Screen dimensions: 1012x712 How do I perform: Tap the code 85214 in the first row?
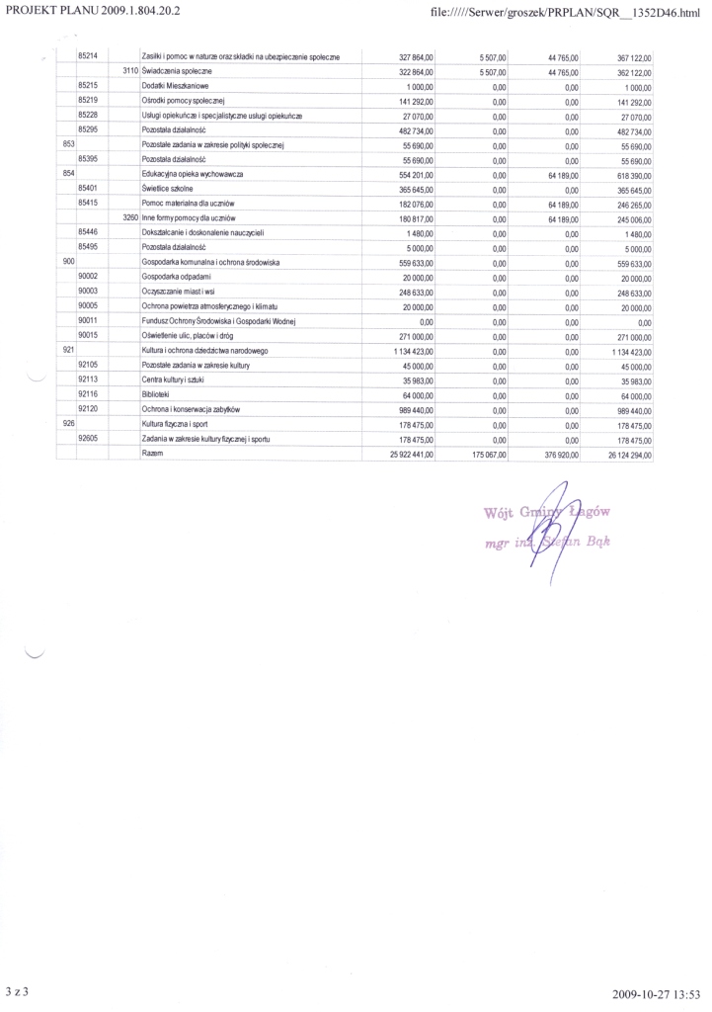point(86,58)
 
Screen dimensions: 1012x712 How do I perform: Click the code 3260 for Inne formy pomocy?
point(129,216)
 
